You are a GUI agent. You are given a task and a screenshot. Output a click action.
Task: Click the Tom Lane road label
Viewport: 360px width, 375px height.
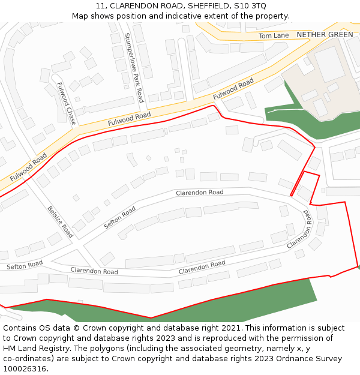[x=273, y=36]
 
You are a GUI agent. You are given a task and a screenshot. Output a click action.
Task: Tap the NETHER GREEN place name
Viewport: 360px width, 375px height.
[x=325, y=35]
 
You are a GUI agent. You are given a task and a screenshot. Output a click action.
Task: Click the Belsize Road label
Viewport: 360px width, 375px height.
[x=60, y=221]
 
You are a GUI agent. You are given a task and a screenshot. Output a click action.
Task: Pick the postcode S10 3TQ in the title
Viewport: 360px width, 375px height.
[x=251, y=5]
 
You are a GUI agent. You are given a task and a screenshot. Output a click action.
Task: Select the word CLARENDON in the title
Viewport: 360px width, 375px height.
[x=133, y=5]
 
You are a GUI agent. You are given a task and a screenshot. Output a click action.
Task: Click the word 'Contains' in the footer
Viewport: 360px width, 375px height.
[x=22, y=328]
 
